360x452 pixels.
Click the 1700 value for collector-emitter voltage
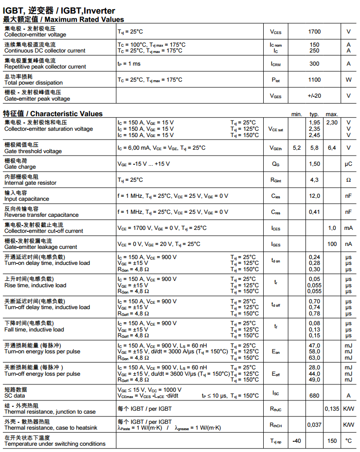point(314,32)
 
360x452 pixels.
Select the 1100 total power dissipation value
point(314,80)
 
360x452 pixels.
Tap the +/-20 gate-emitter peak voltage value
point(314,96)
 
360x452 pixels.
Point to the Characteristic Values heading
point(66,114)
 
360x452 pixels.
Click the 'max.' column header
point(332,114)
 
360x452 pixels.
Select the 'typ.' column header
point(314,114)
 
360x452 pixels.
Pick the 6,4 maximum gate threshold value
point(332,148)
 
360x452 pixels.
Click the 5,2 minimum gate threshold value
point(297,148)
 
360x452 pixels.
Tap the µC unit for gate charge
point(348,164)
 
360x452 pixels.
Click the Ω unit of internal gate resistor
point(348,180)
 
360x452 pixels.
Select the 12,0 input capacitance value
point(314,196)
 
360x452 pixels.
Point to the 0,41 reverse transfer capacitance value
point(314,212)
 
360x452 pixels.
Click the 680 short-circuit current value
point(314,396)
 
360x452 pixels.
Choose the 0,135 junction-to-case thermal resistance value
point(332,409)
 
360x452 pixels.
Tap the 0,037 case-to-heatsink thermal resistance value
point(314,425)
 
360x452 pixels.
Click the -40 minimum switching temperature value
point(296,441)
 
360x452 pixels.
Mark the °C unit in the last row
point(348,441)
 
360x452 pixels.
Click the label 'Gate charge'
point(20,167)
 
